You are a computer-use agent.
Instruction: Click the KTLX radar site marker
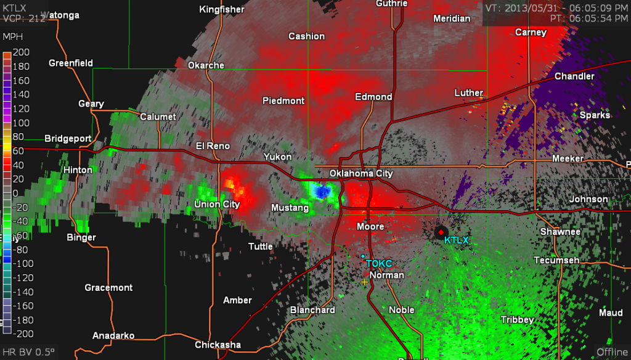tap(441, 232)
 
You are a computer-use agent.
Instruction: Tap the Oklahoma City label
tap(360, 173)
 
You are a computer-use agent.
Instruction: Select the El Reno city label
tap(213, 146)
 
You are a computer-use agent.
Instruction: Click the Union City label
tap(216, 204)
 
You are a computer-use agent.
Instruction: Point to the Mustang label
tap(290, 208)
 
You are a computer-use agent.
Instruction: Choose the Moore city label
tap(370, 227)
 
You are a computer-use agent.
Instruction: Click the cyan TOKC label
tap(379, 263)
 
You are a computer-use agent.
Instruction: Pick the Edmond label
tap(373, 97)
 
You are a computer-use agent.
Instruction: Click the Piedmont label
tap(283, 100)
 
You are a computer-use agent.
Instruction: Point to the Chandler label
tap(574, 76)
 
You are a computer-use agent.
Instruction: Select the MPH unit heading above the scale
tap(13, 38)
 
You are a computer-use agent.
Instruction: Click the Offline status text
tap(611, 352)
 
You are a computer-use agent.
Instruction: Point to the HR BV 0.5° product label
tap(28, 352)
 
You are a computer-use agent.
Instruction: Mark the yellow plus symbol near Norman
tap(364, 282)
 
